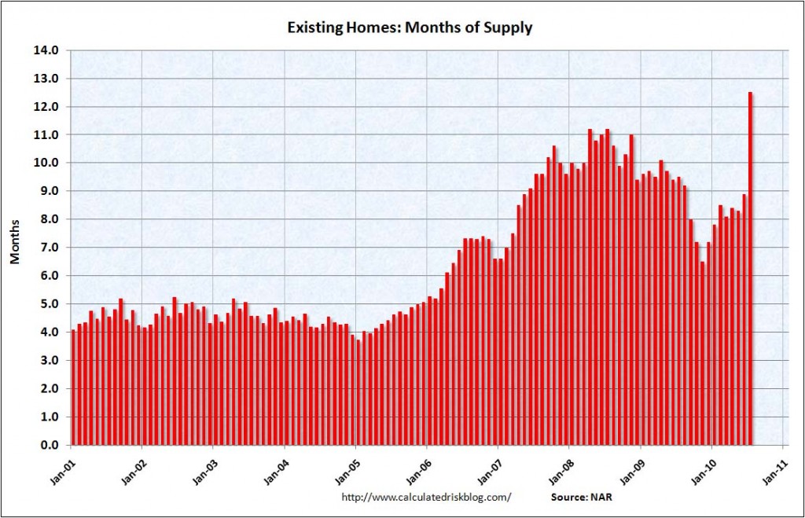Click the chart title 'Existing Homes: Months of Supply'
click(x=400, y=28)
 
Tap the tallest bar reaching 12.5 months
click(x=750, y=267)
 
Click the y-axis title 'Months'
click(x=15, y=247)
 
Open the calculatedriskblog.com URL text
click(x=427, y=497)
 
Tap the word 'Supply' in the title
click(x=509, y=28)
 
